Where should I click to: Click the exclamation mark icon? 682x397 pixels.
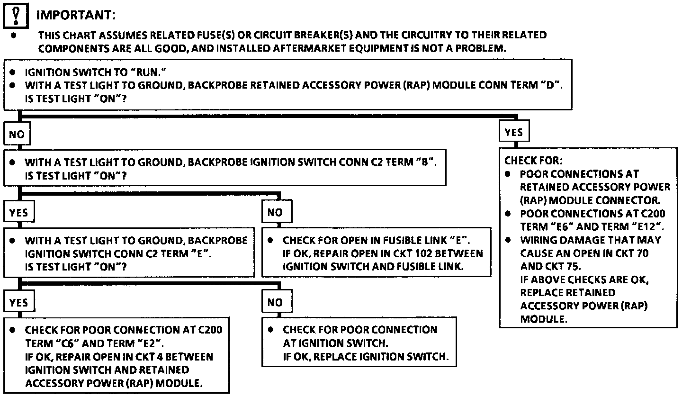16,15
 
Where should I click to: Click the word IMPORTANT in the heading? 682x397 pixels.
76,15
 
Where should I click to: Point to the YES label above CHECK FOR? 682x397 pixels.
513,133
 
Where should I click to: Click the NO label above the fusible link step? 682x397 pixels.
275,213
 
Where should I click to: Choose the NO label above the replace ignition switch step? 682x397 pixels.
275,303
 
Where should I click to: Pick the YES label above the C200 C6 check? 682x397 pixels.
18,303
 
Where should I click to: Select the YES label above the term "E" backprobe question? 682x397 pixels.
18,213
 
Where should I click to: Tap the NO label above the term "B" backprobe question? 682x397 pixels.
17,135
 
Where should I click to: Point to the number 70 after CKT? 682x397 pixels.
643,253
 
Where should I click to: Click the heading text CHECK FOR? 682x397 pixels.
533,161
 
